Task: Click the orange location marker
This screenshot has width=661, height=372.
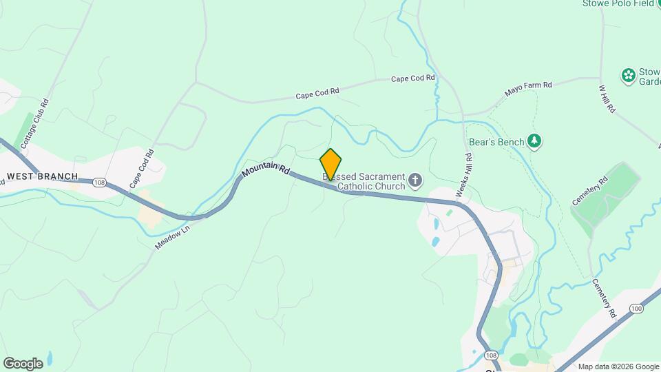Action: tap(330, 164)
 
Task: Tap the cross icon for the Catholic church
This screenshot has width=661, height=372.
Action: tap(415, 180)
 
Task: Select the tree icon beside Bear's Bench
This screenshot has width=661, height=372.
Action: tap(534, 141)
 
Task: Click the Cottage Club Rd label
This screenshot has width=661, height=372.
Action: tap(35, 123)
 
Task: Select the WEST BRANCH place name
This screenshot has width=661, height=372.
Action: tap(42, 176)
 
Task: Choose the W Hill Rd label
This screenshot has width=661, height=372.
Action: tap(606, 100)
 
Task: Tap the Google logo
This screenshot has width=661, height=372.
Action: tap(23, 363)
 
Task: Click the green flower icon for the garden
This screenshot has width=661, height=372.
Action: tap(627, 74)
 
